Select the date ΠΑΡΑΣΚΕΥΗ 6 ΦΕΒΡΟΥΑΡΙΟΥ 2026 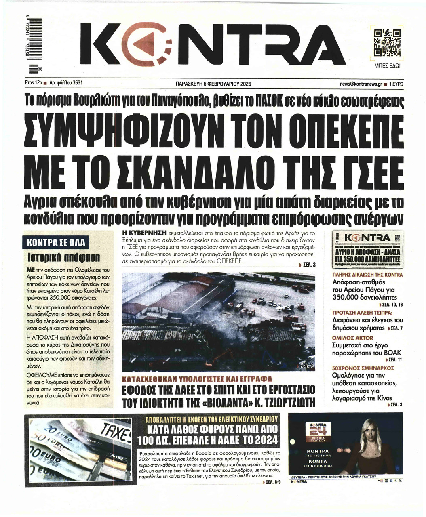click(x=211, y=84)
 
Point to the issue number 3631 click(x=74, y=83)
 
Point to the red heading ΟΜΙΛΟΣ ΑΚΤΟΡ click(x=352, y=338)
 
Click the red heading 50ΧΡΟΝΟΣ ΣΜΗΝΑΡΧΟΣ click(x=363, y=368)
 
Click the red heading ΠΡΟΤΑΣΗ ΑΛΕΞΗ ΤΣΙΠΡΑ click(x=362, y=312)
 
